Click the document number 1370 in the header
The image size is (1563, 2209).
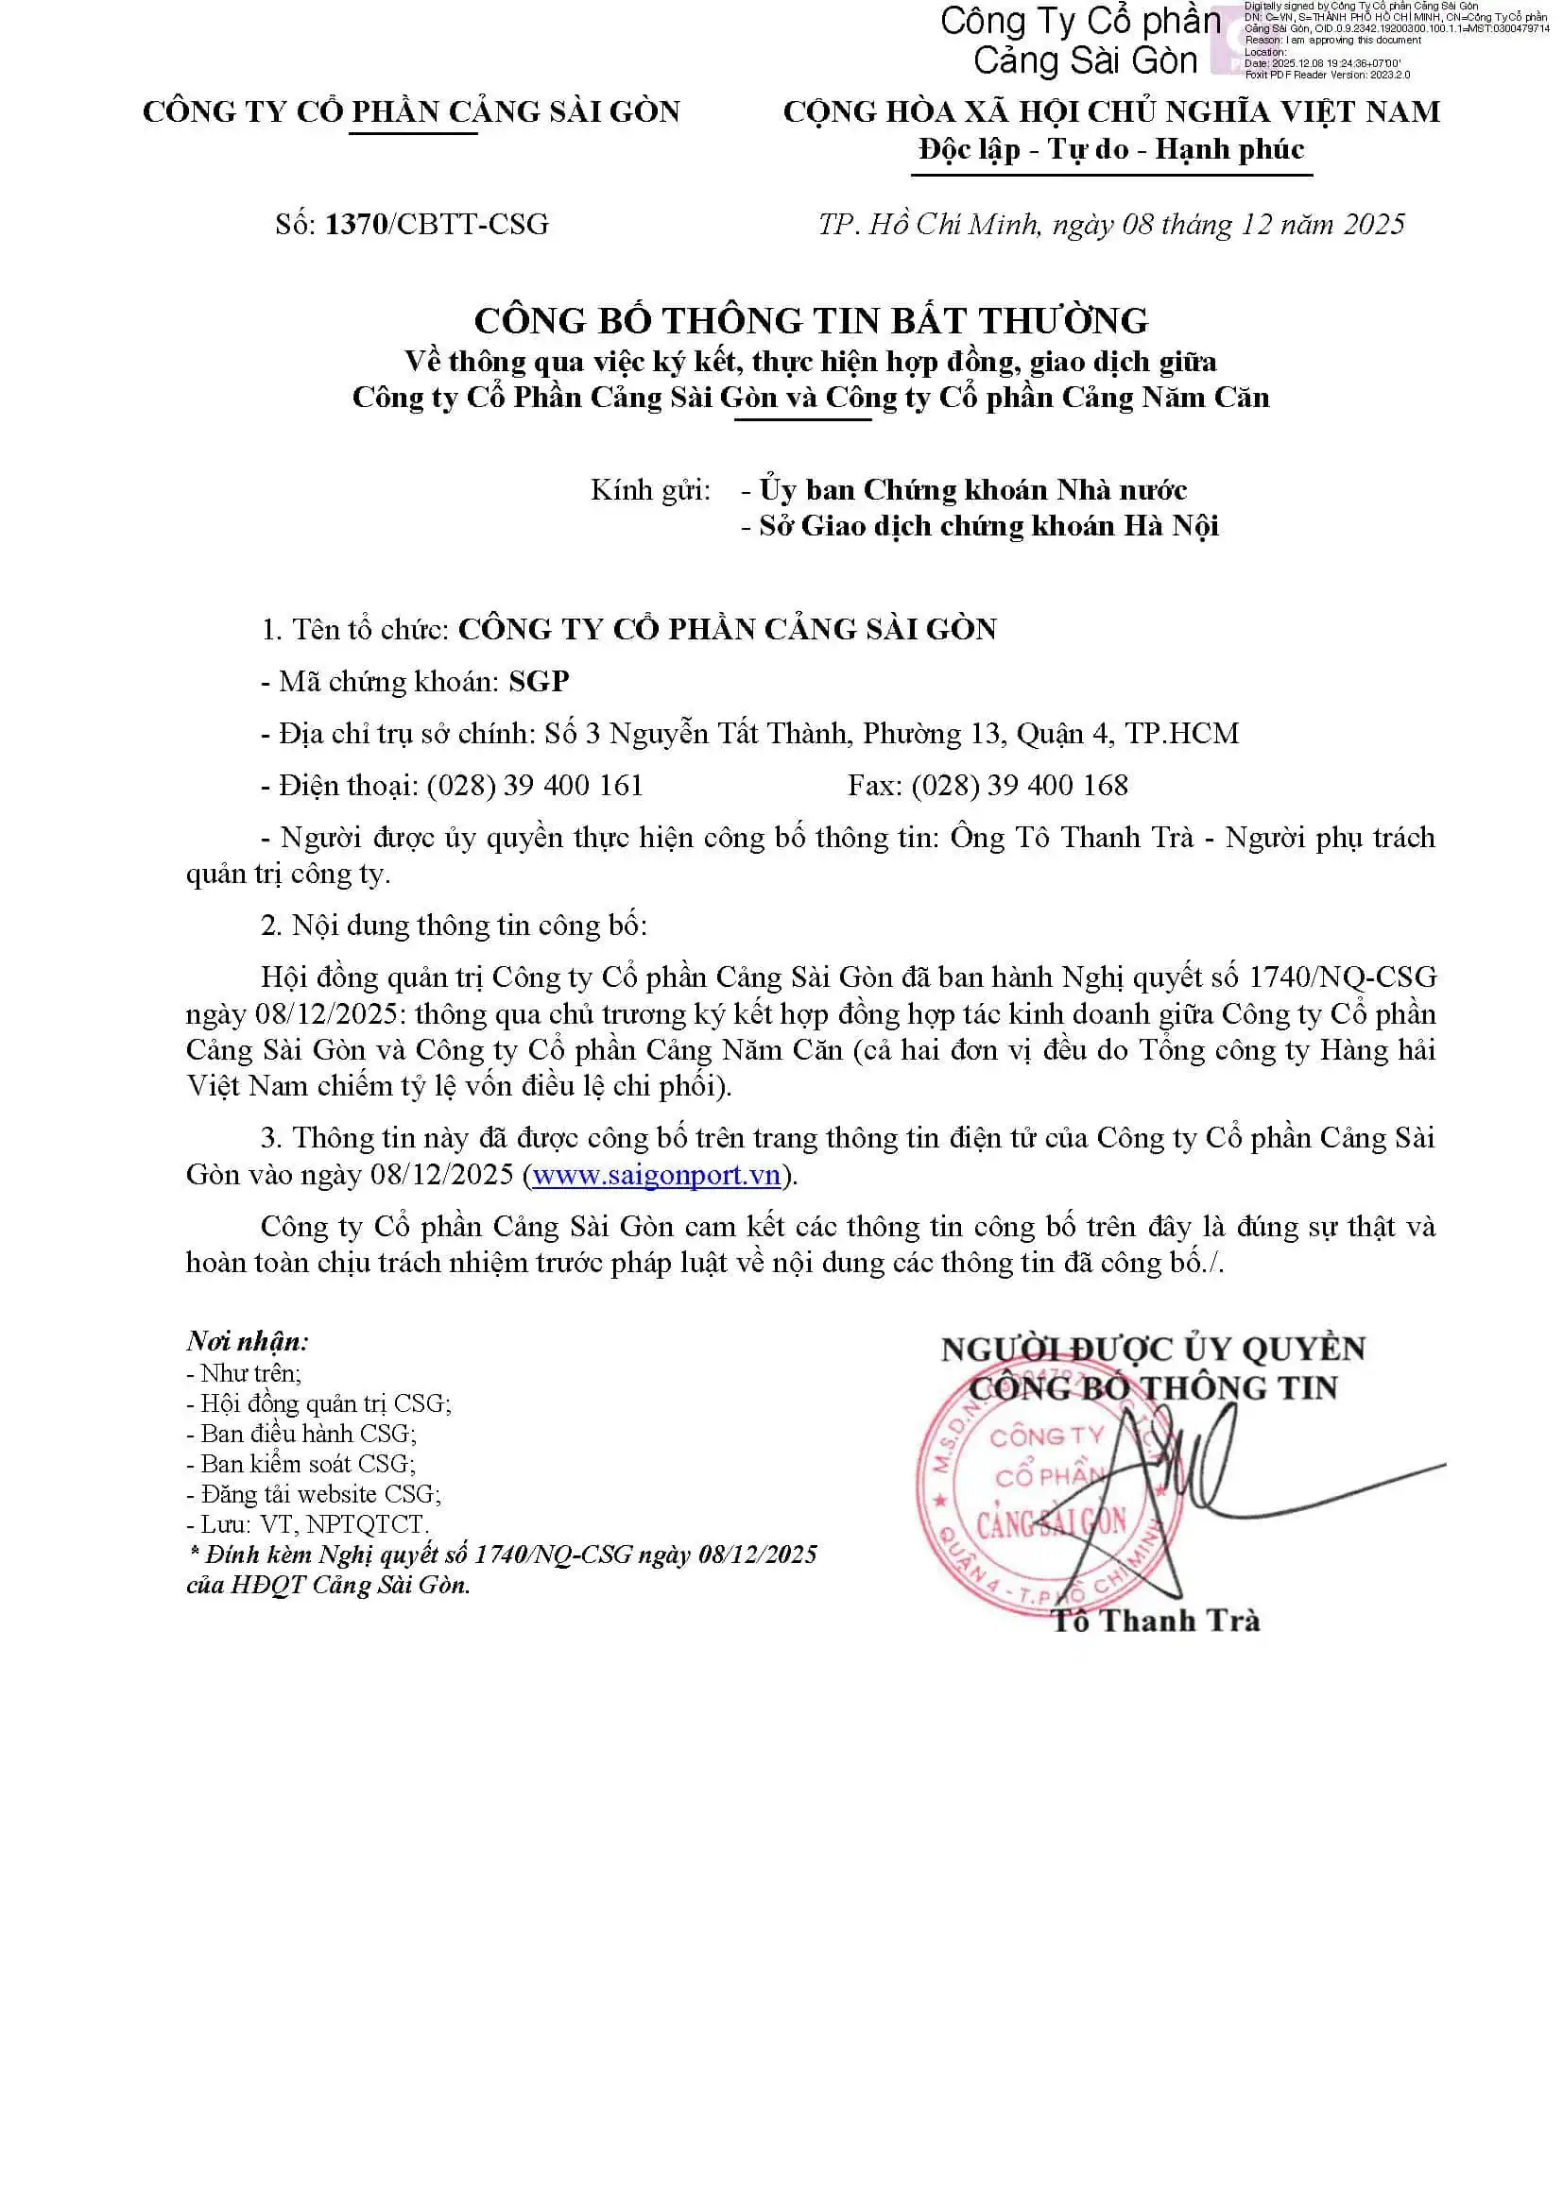point(356,224)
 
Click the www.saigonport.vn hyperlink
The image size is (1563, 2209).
point(656,1175)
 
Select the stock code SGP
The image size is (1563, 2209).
point(539,681)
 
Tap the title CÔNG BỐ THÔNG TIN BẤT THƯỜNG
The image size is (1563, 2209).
point(811,320)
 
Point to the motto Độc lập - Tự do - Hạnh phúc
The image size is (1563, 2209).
point(1110,149)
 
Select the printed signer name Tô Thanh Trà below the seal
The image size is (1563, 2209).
point(1155,1622)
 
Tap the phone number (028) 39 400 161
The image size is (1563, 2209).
point(534,785)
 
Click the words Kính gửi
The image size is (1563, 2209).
point(650,490)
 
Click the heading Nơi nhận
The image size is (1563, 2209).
point(248,1340)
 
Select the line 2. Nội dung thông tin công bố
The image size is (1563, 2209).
point(454,925)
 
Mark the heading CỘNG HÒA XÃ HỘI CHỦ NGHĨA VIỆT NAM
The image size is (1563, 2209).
point(1110,111)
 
